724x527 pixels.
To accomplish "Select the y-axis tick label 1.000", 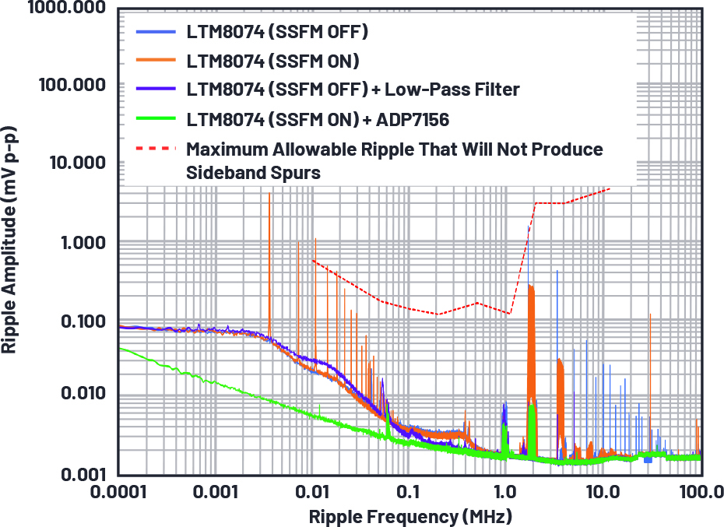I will point(76,243).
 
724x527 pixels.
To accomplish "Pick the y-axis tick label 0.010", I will point(76,394).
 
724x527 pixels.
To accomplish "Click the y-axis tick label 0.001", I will point(76,473).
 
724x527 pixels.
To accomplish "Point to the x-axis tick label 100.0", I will point(698,493).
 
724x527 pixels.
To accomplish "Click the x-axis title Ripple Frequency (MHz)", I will point(409,515).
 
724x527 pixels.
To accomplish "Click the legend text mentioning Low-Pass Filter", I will point(352,90).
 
